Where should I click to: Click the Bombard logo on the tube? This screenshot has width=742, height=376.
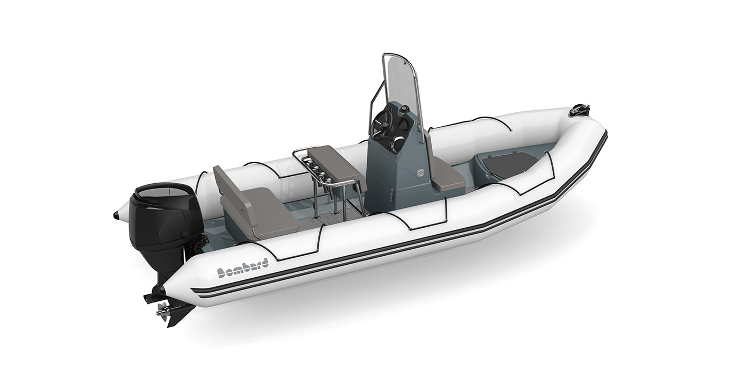click(242, 267)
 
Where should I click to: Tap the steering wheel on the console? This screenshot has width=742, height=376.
click(384, 126)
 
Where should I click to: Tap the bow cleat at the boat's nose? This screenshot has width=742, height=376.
click(580, 110)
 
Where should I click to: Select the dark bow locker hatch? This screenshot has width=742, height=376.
click(508, 164)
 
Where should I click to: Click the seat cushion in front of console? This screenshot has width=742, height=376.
click(446, 174)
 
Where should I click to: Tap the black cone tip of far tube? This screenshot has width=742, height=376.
click(116, 215)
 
